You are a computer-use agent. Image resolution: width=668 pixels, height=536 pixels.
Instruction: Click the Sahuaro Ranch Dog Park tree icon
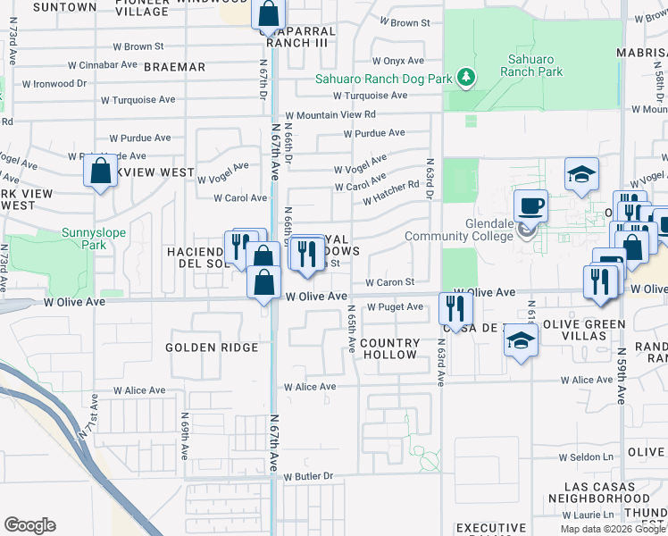[x=465, y=78]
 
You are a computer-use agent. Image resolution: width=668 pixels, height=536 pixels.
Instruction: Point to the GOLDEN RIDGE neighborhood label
[x=213, y=347]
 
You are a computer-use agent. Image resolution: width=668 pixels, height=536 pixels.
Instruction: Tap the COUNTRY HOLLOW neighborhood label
[x=389, y=348]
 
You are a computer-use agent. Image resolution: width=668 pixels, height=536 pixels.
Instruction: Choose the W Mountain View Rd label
[x=330, y=115]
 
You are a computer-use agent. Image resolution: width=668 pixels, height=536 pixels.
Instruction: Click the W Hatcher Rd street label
[x=390, y=192]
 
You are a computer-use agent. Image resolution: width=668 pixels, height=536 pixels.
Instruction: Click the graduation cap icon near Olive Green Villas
[x=522, y=340]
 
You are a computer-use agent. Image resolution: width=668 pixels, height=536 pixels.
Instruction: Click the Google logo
[x=30, y=525]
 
